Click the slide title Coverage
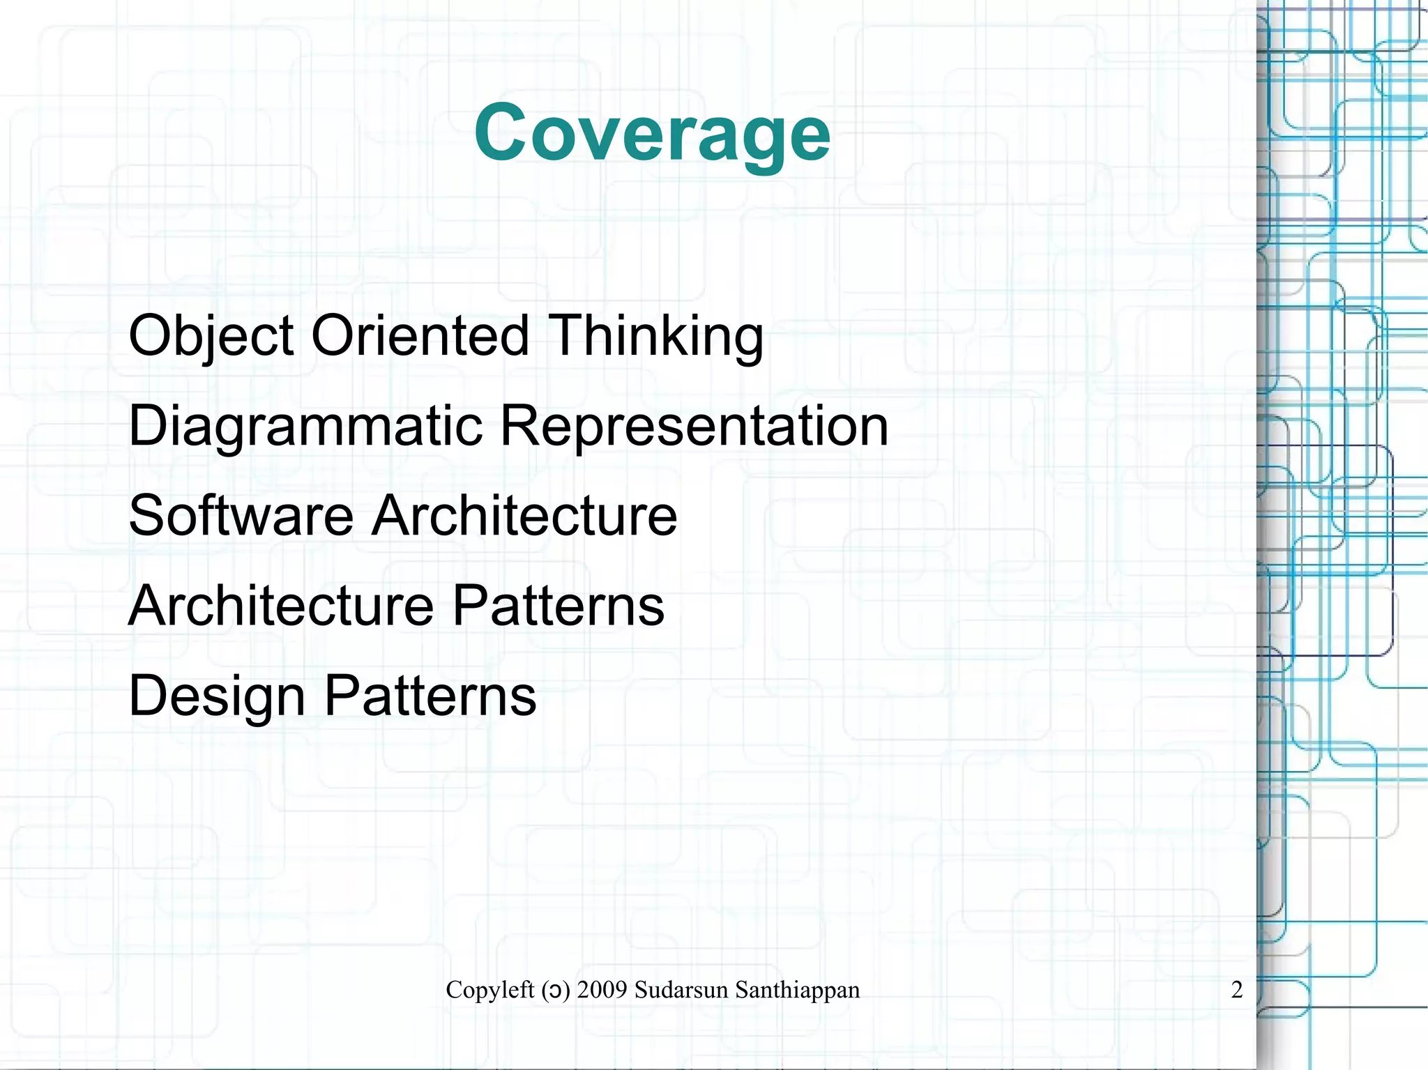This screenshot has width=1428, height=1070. click(x=652, y=132)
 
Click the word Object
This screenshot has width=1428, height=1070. click(x=211, y=336)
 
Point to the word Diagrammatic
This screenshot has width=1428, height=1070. click(x=305, y=426)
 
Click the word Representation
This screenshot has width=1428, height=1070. click(x=694, y=426)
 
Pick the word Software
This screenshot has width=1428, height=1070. click(x=241, y=515)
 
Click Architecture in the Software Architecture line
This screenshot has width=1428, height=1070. click(x=524, y=515)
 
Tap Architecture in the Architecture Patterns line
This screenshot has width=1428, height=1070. click(x=281, y=605)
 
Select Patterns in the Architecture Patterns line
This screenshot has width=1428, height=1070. click(x=559, y=605)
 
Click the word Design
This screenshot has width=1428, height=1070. click(x=217, y=696)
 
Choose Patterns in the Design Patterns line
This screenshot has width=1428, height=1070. click(x=430, y=695)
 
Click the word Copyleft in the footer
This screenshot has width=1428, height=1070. click(x=490, y=990)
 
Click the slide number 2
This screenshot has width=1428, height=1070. click(x=1237, y=990)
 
